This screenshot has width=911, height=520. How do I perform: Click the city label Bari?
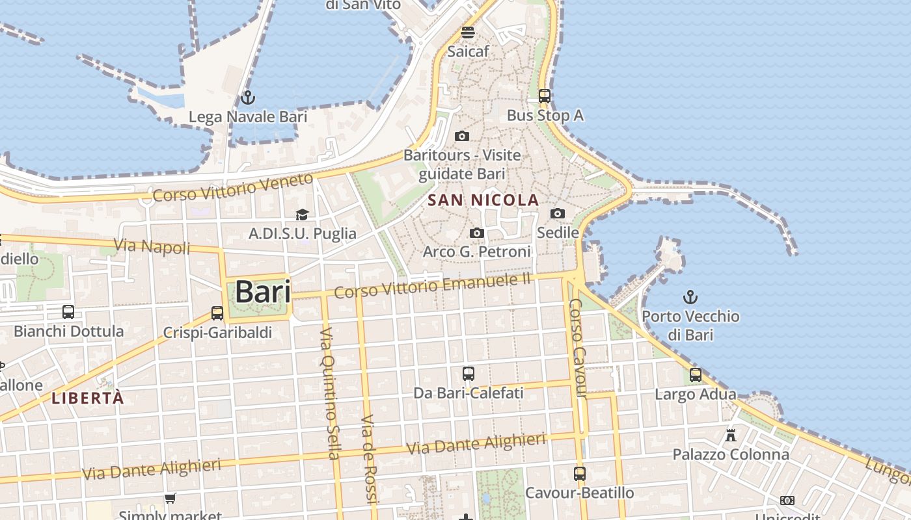pos(262,291)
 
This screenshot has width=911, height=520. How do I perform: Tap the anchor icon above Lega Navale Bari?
pos(247,98)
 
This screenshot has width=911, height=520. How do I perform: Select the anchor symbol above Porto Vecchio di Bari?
pos(690,298)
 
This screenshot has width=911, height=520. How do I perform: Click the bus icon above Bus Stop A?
pos(545,96)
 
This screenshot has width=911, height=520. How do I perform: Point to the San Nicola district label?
pos(484,200)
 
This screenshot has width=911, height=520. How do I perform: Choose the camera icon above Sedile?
pos(558,213)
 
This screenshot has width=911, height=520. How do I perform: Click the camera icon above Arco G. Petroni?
pos(477,233)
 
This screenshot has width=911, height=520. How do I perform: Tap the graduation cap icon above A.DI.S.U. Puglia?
pos(302,214)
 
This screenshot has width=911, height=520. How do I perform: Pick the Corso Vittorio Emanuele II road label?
pos(433,286)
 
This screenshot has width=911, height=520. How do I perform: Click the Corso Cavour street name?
pos(577,348)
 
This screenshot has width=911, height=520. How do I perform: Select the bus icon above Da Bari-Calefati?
pos(469,374)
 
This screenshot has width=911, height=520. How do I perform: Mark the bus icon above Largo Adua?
pos(696,375)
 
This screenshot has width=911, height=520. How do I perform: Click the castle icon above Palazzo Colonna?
pos(731,435)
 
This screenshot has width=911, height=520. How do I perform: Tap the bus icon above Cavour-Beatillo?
pos(580,474)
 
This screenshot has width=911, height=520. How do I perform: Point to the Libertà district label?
pos(87,398)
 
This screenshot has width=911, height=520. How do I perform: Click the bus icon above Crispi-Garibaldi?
pos(217,313)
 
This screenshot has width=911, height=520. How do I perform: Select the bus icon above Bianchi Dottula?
pos(68,312)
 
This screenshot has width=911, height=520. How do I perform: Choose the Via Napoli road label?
pos(152,246)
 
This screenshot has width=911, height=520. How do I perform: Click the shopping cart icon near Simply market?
pos(170,499)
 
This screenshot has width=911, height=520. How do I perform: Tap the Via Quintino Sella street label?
pos(330,393)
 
